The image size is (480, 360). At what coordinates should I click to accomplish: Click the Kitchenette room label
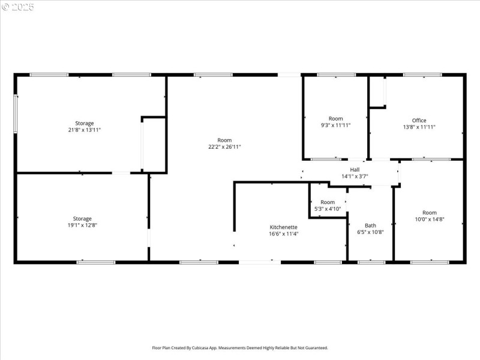(x=284, y=227)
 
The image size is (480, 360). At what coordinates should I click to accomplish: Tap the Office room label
(x=419, y=121)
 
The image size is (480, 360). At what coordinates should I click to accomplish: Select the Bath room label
(x=370, y=225)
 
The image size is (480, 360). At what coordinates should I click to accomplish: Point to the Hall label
(x=355, y=170)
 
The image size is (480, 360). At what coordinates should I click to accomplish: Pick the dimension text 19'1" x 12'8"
(x=82, y=225)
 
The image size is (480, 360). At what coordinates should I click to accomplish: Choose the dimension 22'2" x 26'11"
(x=224, y=146)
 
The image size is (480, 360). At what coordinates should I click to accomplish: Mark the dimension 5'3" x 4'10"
(x=328, y=209)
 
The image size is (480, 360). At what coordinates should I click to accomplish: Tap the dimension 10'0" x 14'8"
(x=429, y=219)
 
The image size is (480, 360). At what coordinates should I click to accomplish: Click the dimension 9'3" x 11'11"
(x=335, y=125)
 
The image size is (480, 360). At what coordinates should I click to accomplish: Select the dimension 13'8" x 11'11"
(x=419, y=127)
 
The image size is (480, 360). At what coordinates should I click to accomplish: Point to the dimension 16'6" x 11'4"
(x=284, y=233)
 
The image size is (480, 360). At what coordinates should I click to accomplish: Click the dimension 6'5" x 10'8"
(x=370, y=232)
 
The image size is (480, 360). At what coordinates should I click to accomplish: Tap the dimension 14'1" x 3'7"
(x=355, y=176)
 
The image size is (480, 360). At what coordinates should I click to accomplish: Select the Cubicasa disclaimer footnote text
(x=240, y=347)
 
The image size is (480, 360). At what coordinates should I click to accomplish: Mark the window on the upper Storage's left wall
(x=16, y=113)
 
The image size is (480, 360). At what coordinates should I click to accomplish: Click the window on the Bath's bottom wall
(x=371, y=262)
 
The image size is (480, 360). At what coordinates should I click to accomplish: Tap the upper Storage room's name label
(x=84, y=123)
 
